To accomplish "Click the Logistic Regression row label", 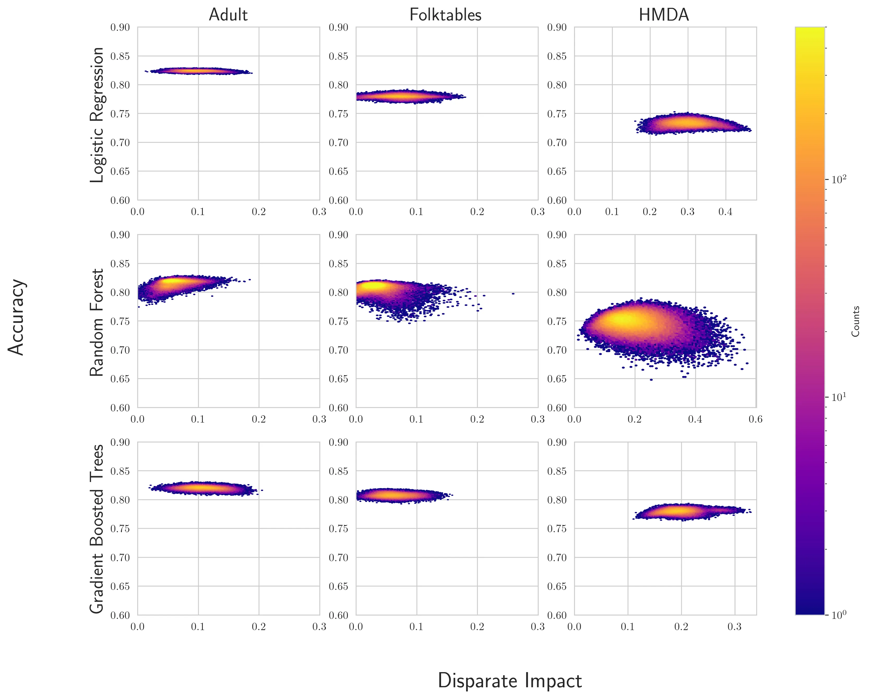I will pos(97,115).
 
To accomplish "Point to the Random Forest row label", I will pos(97,323).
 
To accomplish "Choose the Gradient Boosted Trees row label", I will pos(97,529).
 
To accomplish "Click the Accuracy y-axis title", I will pos(16,317).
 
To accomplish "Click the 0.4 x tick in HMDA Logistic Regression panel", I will pos(725,212).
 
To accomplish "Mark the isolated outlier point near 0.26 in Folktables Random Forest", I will pos(513,293).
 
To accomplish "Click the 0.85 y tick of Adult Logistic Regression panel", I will pos(120,56).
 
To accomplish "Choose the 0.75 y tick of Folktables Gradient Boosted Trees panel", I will pos(338,529).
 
